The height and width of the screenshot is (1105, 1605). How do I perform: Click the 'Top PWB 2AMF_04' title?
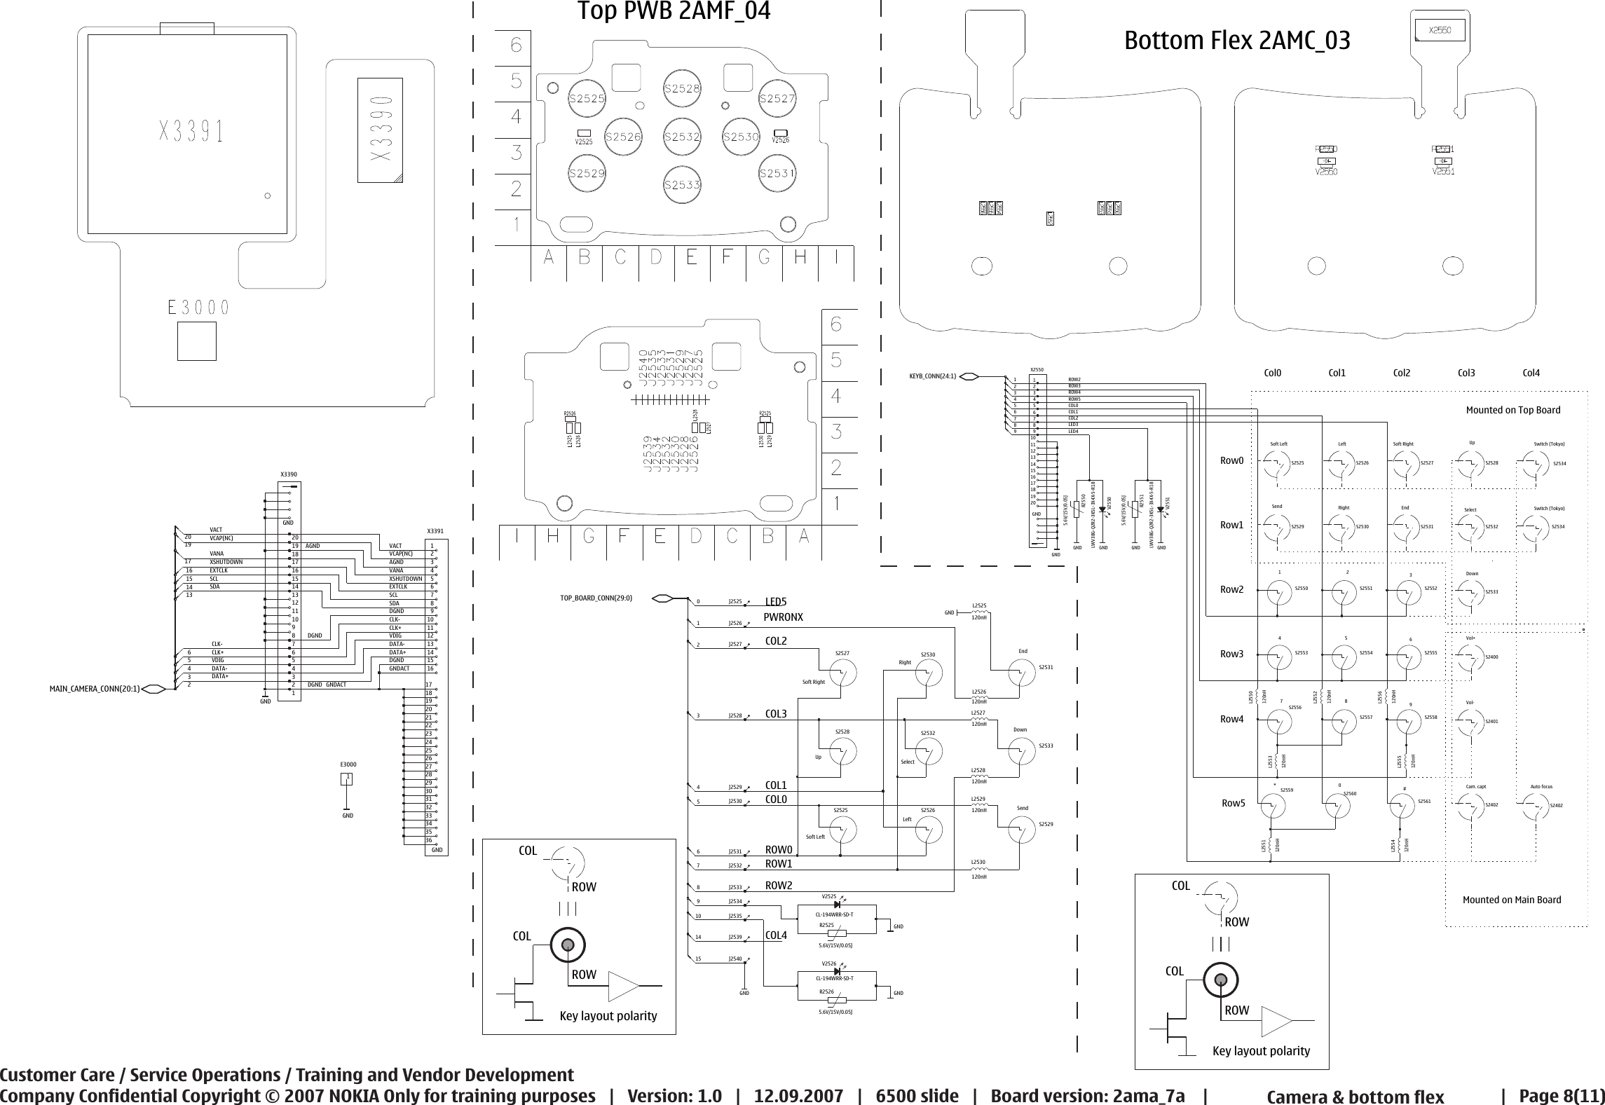click(x=674, y=12)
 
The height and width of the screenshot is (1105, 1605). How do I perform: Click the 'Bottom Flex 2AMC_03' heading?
click(x=1237, y=41)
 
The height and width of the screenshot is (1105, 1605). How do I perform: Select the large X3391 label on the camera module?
click(x=191, y=131)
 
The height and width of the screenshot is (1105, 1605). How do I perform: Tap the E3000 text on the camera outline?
click(x=198, y=308)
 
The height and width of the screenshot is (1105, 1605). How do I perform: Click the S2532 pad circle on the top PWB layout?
click(x=682, y=137)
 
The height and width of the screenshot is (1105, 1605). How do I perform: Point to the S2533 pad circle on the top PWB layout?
click(x=682, y=184)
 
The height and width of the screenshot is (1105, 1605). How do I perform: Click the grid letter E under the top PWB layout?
click(x=691, y=259)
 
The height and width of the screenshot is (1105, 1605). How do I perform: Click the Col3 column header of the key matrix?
click(x=1466, y=373)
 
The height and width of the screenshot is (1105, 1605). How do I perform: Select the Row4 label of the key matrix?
click(x=1231, y=719)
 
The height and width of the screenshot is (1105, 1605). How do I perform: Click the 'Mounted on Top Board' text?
click(x=1513, y=410)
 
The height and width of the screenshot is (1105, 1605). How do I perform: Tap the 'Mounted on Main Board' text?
click(x=1512, y=900)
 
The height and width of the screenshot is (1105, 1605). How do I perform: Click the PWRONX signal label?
click(x=783, y=617)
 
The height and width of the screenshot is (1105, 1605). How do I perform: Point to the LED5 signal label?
click(x=776, y=602)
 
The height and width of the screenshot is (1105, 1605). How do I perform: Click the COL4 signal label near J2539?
click(x=776, y=935)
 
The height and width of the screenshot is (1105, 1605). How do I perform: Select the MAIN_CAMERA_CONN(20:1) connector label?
click(x=95, y=689)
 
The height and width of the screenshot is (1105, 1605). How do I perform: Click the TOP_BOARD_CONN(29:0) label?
click(x=596, y=598)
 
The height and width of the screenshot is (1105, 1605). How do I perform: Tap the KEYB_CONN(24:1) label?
click(x=932, y=376)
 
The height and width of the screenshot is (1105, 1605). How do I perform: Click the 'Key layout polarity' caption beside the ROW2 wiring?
click(x=608, y=1015)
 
